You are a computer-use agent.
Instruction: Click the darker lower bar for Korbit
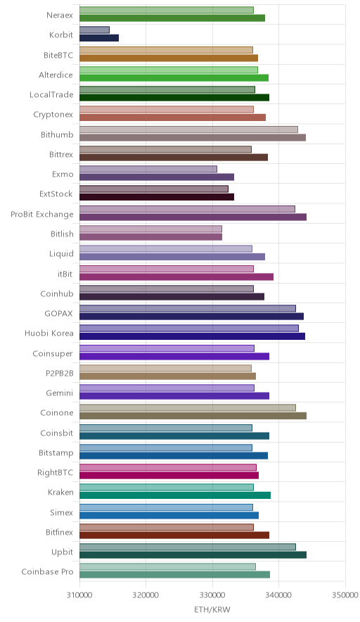(99, 38)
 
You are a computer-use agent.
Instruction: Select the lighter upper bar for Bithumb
(188, 129)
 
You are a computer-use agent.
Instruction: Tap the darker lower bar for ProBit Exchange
(193, 217)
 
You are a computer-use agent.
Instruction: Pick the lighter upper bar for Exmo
(148, 170)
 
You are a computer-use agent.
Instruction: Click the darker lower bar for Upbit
(193, 555)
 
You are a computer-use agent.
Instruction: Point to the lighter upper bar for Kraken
(167, 488)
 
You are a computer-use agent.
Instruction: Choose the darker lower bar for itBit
(176, 277)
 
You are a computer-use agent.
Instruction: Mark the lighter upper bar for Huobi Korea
(189, 329)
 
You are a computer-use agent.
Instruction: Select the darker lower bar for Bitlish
(150, 237)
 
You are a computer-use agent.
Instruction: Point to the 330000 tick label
(212, 595)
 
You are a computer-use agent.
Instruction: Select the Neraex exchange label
(60, 15)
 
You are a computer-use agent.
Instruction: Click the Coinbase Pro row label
(48, 571)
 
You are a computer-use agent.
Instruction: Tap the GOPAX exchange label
(58, 313)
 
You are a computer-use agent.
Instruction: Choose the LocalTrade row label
(51, 95)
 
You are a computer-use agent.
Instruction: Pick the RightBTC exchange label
(55, 472)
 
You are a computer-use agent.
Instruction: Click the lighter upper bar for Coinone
(188, 408)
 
